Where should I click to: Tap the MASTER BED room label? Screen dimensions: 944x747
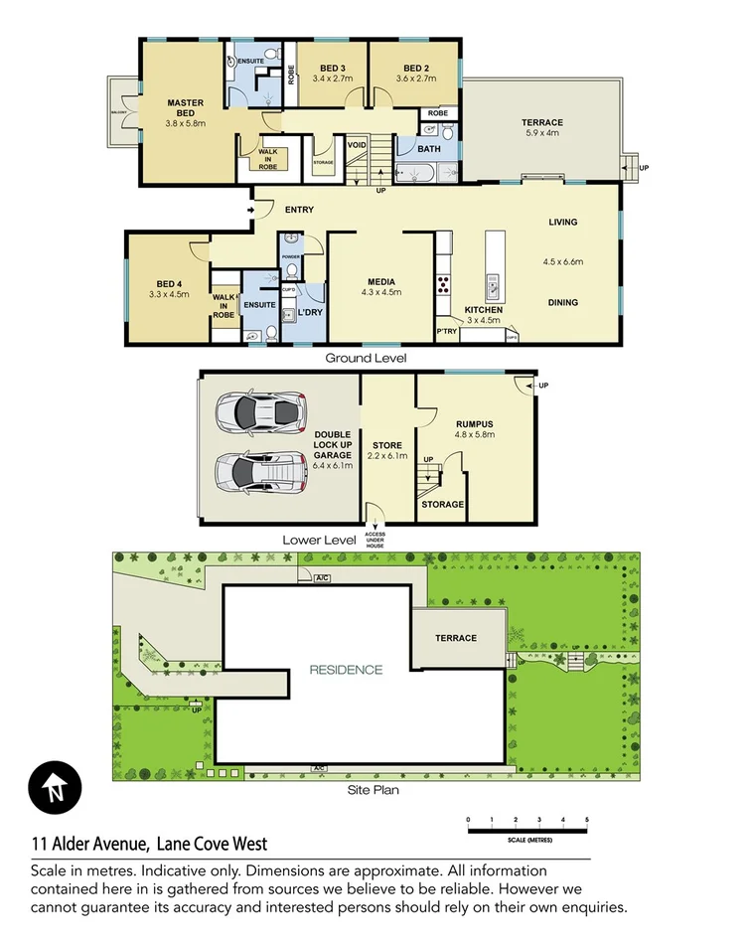coord(185,102)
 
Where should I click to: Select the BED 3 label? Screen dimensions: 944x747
coord(333,68)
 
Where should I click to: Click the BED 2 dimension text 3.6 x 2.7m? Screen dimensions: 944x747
coord(416,79)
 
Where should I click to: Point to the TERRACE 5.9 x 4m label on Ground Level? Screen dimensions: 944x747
coord(542,127)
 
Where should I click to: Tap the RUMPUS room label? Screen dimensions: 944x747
coord(474,421)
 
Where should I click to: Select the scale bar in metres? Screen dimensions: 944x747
coord(527,828)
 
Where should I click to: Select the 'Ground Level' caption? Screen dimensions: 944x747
coord(366,358)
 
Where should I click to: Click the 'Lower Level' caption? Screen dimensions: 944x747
coord(319,540)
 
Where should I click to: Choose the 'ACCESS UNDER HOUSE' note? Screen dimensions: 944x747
coord(374,540)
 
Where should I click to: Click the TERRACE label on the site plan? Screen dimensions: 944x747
coord(456,638)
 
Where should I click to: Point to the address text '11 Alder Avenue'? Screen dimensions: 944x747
coord(90,845)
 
